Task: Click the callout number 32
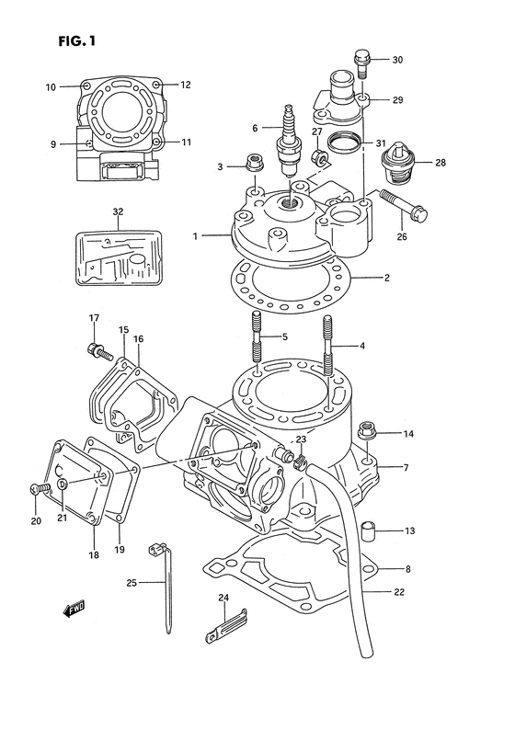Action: click(x=118, y=211)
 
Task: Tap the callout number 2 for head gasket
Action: click(x=386, y=278)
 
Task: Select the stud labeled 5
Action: click(x=255, y=339)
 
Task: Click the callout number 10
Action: click(x=50, y=87)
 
